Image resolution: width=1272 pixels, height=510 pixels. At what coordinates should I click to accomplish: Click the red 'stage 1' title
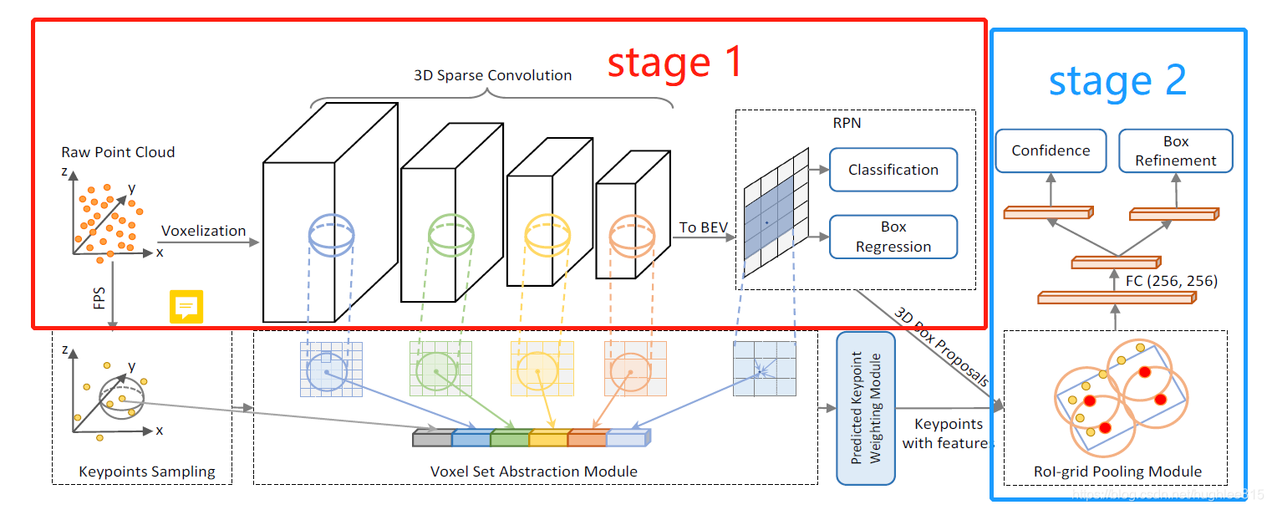coord(674,63)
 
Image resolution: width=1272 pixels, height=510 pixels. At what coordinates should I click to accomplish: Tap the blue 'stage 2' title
coord(1117,81)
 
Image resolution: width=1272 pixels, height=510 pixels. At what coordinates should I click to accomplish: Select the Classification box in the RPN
coord(893,170)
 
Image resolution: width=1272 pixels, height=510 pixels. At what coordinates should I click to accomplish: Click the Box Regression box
coord(893,237)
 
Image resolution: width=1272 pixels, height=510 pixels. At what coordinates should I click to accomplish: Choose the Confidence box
coord(1051,150)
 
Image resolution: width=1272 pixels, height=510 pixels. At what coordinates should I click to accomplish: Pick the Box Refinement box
coord(1175,150)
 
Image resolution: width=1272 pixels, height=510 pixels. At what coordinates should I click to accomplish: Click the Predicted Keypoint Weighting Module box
coord(866,408)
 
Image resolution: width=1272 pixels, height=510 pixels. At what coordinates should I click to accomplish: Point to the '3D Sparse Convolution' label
coord(492,75)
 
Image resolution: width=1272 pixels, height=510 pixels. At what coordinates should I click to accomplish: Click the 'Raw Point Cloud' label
coord(118,152)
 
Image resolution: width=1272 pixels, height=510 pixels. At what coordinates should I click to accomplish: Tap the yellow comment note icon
coord(186,307)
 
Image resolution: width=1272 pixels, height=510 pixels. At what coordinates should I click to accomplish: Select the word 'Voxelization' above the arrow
coord(203,231)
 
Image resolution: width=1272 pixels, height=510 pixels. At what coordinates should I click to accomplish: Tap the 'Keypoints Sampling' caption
coord(146,472)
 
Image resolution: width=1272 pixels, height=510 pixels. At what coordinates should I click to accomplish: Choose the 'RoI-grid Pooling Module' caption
coord(1117,472)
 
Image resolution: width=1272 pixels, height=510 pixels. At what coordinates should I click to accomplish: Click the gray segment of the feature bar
coord(431,438)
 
